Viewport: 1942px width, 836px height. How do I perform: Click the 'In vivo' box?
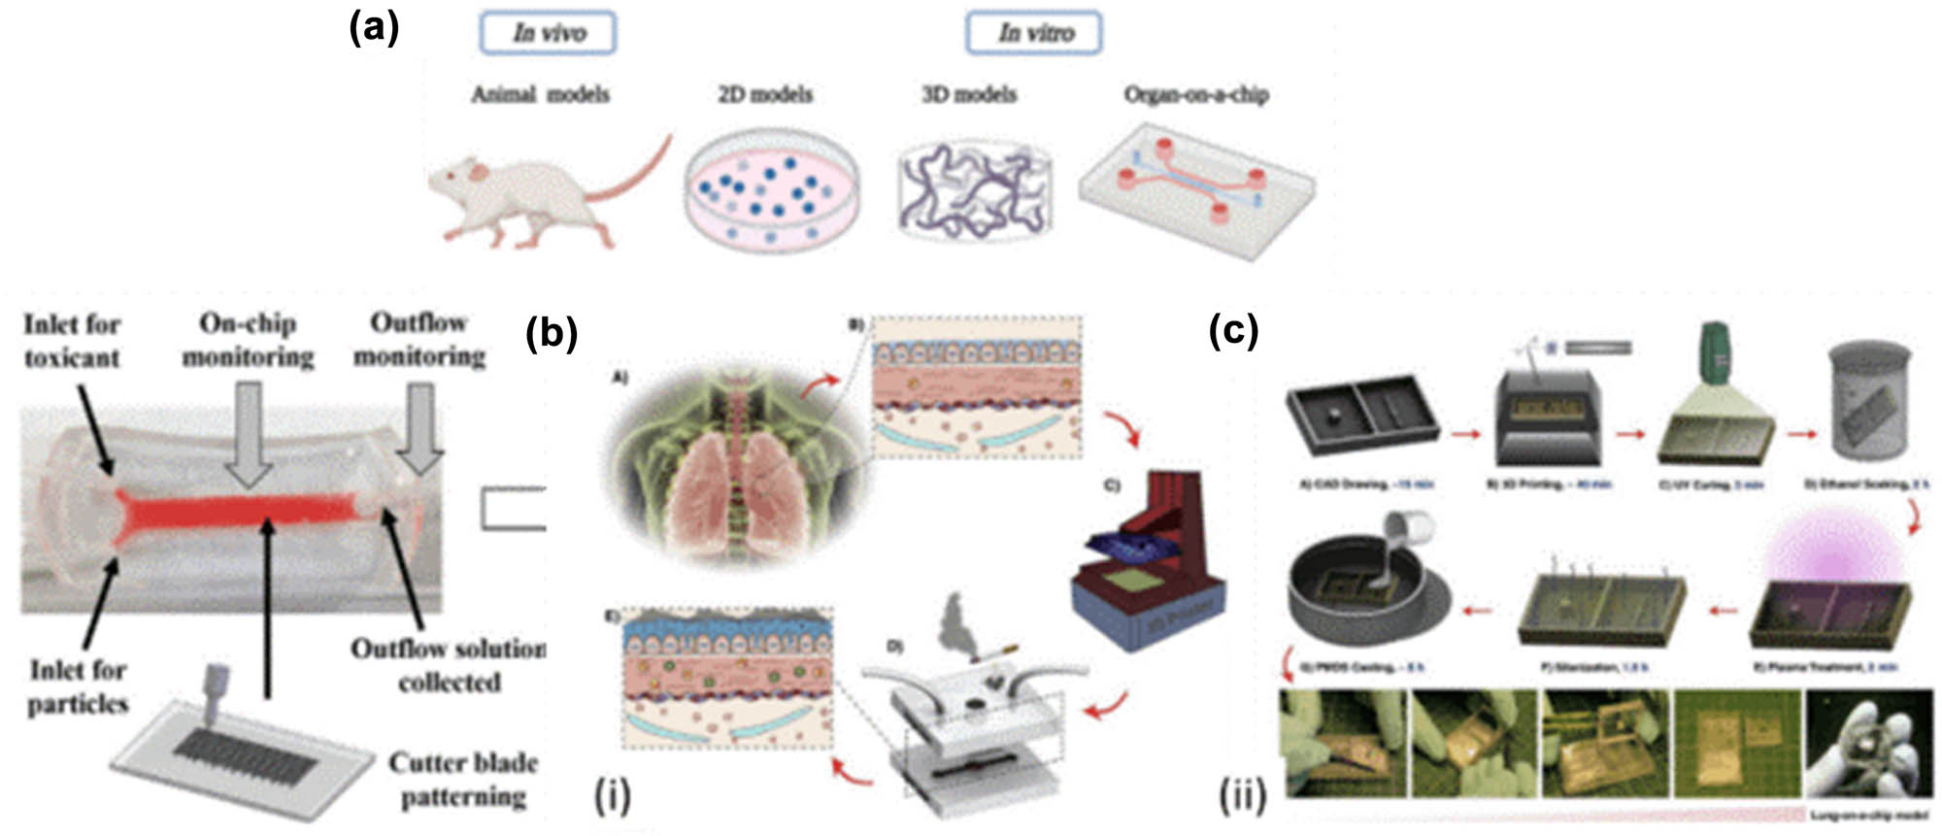(x=548, y=33)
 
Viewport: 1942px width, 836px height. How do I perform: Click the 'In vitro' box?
(x=1033, y=33)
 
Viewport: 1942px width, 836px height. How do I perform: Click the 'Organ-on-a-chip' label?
(x=1195, y=94)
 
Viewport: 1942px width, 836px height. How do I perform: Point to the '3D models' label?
(x=968, y=94)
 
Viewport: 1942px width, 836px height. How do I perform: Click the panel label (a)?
(x=374, y=29)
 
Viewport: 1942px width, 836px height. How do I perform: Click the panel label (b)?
(x=551, y=334)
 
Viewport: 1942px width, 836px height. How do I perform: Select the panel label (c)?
(x=1233, y=332)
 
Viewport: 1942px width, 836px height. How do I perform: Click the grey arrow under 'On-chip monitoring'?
(x=249, y=432)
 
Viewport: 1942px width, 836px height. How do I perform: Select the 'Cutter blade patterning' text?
(x=463, y=779)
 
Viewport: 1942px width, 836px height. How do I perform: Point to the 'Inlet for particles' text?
(x=78, y=686)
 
